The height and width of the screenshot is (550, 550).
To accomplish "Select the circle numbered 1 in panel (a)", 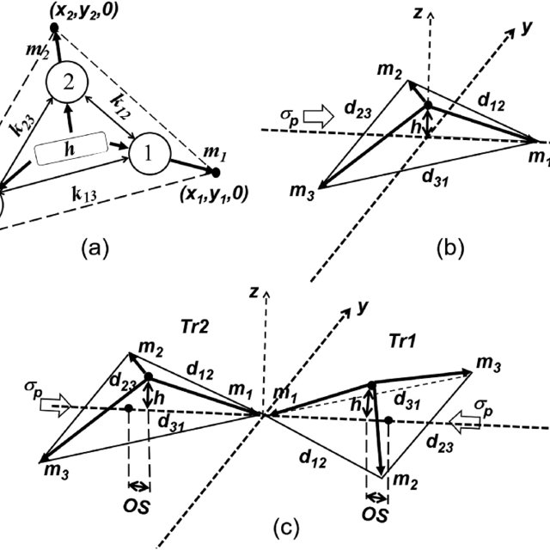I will coord(149,154).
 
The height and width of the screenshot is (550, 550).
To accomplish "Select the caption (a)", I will coord(94,248).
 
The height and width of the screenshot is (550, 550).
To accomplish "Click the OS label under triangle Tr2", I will coord(138,504).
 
